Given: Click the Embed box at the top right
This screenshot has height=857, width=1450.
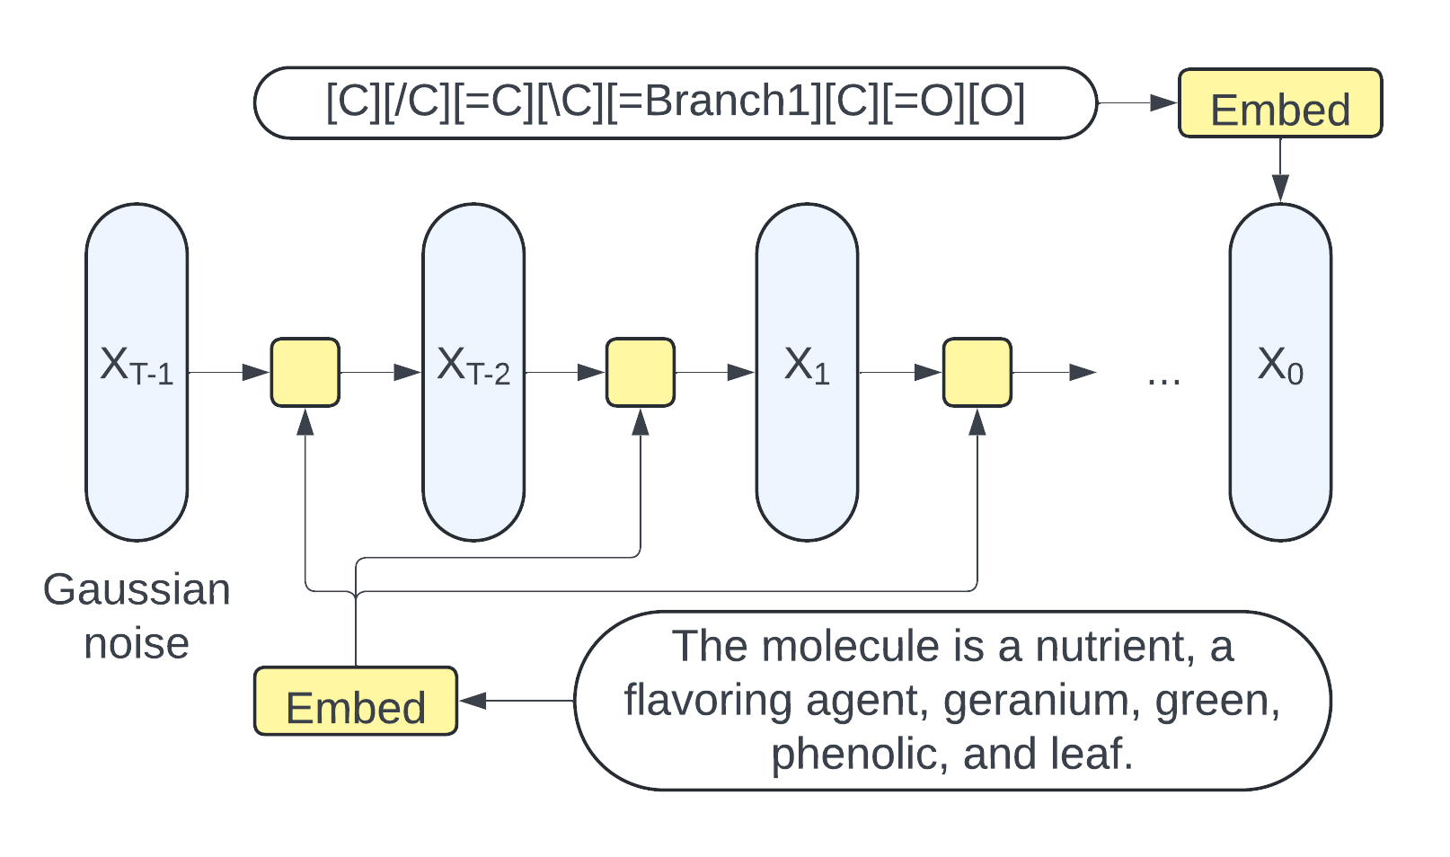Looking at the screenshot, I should (x=1279, y=103).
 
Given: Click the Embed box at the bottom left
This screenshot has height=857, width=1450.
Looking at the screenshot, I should (x=356, y=702).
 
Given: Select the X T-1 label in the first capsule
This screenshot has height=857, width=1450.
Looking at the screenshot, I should (x=137, y=366).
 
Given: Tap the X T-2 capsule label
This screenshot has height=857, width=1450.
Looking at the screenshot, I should (x=473, y=366).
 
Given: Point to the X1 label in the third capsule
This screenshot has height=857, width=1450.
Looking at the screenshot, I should (x=807, y=366).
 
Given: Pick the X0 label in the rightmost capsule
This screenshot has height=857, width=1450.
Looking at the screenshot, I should (x=1280, y=366).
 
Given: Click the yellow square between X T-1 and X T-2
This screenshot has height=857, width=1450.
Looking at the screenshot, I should (x=305, y=372).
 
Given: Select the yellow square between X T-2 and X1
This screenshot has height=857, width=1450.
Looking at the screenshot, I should (x=641, y=372).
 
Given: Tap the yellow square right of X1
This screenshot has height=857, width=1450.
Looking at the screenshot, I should (x=977, y=372).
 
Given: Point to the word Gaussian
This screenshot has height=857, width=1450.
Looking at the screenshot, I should (x=137, y=590).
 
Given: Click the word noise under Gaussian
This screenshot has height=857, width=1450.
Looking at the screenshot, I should (x=137, y=644).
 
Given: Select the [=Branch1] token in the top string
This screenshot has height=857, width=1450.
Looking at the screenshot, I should (x=714, y=102).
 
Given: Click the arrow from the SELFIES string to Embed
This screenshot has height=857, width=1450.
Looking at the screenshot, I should (x=1137, y=103).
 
